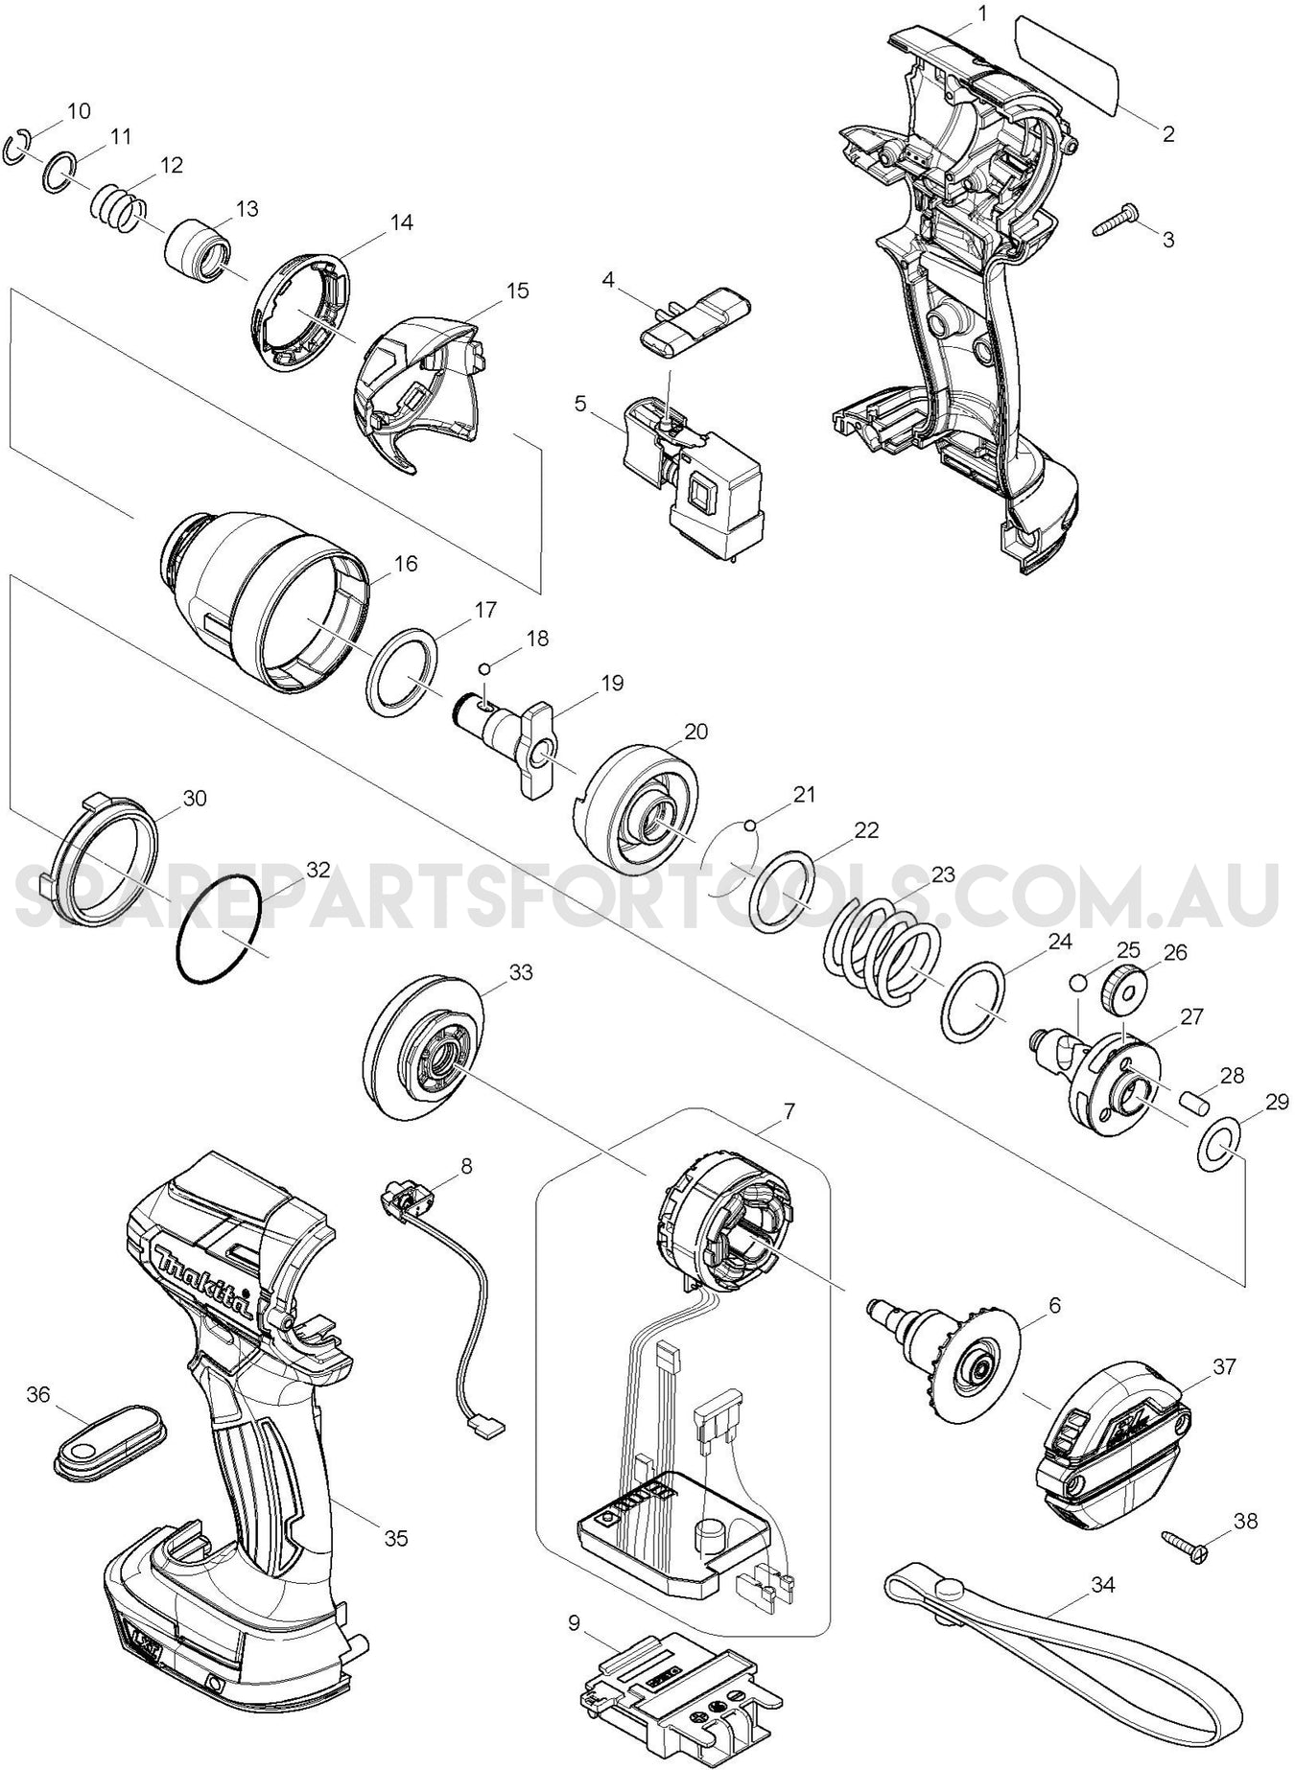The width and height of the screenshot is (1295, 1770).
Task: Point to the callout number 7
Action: (789, 1111)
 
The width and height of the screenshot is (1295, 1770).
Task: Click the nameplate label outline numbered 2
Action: (1065, 65)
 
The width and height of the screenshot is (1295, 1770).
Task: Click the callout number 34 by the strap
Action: (1104, 1584)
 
